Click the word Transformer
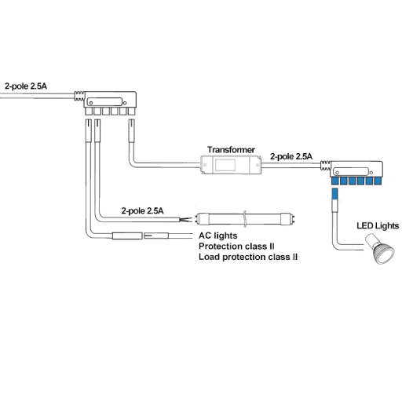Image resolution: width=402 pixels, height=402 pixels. (x=231, y=150)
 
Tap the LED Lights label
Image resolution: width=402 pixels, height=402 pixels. (x=378, y=226)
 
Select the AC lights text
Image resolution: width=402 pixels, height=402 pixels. (x=218, y=236)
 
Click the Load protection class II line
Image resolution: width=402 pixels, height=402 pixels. (x=248, y=257)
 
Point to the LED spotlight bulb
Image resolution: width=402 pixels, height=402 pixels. (x=380, y=250)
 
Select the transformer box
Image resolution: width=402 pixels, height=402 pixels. (x=231, y=165)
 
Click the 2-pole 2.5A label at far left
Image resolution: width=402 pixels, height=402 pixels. (x=26, y=86)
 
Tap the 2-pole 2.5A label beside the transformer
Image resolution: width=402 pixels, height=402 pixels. (x=291, y=156)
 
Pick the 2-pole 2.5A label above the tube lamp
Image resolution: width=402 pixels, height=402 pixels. (x=142, y=210)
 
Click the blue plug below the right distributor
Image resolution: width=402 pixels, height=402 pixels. (x=334, y=194)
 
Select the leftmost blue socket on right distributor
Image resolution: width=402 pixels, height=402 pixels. (x=334, y=181)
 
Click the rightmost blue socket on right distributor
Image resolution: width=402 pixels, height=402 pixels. (x=378, y=181)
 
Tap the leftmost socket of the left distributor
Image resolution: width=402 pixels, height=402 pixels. (x=89, y=111)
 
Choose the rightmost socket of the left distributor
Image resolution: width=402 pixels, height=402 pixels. (x=132, y=111)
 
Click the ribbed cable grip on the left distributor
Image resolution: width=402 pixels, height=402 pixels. (x=79, y=96)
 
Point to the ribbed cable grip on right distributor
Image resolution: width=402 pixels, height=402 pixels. (x=325, y=166)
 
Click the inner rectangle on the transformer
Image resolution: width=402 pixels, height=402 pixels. (x=225, y=165)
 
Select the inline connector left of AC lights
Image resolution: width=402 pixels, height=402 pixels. (x=141, y=236)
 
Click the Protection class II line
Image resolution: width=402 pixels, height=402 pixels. (x=236, y=247)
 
